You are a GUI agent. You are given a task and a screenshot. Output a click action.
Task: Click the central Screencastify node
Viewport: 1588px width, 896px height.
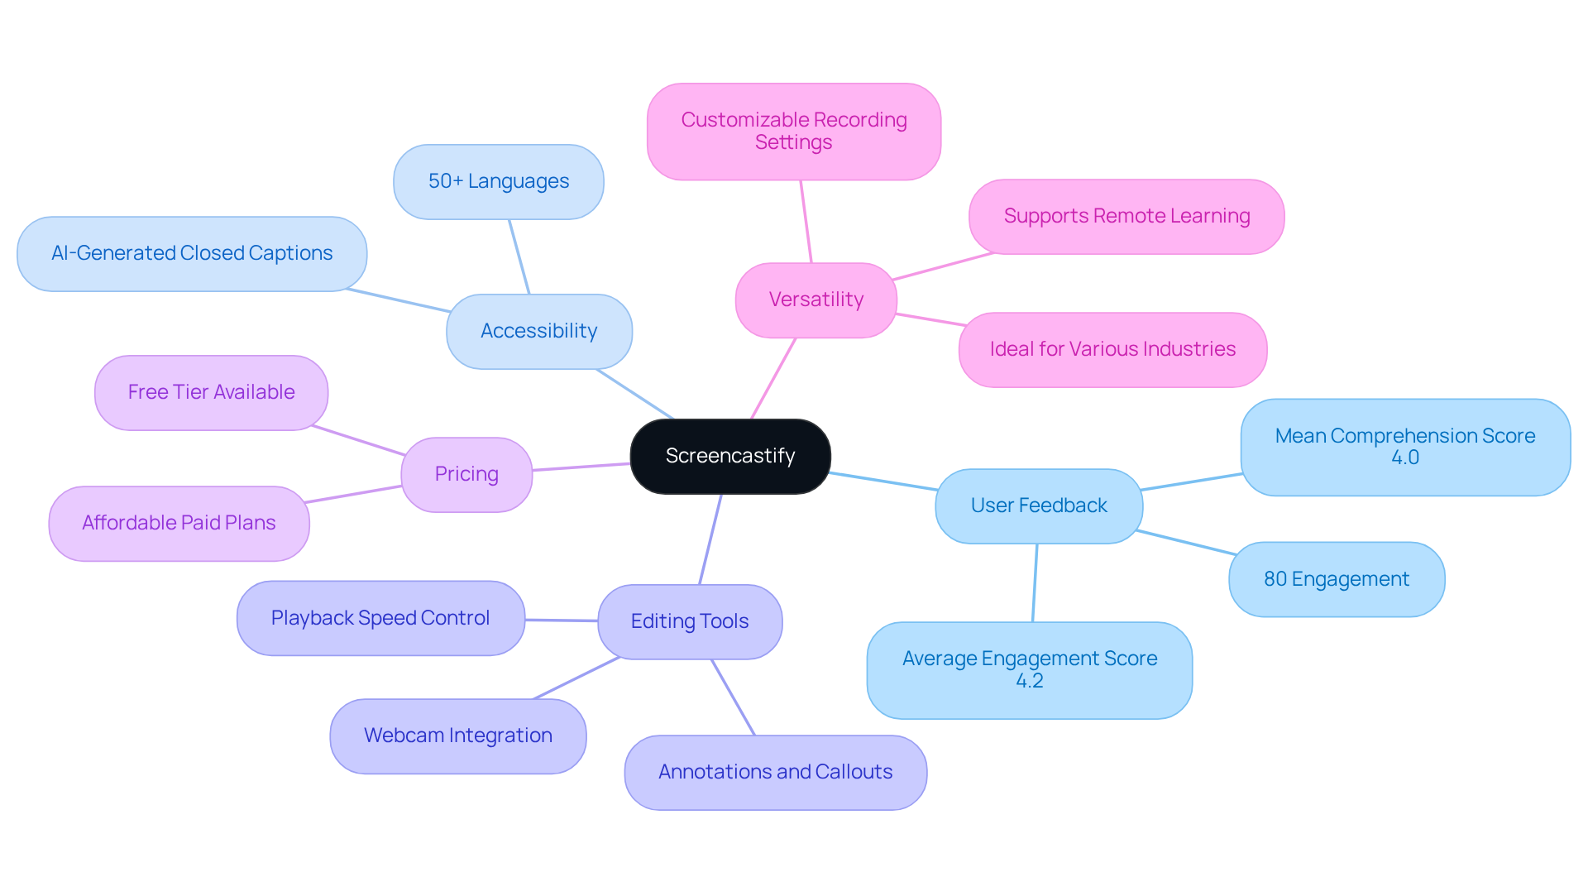(730, 456)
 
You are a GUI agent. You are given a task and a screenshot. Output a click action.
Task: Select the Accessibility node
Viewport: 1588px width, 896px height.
(538, 331)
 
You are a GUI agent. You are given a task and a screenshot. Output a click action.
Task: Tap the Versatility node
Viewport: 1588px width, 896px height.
(816, 299)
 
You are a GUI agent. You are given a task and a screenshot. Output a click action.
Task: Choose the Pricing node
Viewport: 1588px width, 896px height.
(466, 474)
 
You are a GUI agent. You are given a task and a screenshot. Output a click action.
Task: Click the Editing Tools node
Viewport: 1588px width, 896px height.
(689, 621)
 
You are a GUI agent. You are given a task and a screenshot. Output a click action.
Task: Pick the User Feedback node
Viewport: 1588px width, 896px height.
(1038, 505)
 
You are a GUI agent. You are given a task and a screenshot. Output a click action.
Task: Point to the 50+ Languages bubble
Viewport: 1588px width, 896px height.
(498, 181)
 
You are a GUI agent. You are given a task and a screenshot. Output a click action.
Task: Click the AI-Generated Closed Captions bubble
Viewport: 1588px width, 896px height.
(191, 253)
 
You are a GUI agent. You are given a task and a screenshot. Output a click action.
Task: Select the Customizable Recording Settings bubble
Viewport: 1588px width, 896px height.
(793, 131)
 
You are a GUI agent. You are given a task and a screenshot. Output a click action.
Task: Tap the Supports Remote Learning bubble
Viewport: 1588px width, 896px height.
(1126, 216)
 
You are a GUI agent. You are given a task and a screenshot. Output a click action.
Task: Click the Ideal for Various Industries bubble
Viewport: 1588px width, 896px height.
(1112, 349)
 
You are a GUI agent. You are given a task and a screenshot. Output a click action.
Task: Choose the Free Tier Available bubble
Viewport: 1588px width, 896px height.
(211, 392)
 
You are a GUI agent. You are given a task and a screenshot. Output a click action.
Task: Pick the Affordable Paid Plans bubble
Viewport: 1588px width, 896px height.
(179, 523)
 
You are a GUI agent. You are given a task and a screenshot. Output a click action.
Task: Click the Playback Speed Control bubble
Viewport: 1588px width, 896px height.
(380, 618)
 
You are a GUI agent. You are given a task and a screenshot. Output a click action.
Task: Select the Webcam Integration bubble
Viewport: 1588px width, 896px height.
(457, 735)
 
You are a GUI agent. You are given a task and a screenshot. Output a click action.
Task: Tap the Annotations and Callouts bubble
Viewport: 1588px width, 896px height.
(775, 772)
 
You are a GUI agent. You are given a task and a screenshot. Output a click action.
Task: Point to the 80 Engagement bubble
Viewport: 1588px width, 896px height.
(1336, 579)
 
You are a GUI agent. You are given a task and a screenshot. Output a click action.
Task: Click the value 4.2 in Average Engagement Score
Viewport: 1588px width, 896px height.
(1029, 681)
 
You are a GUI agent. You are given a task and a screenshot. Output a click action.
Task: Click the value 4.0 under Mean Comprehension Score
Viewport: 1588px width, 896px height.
(1404, 458)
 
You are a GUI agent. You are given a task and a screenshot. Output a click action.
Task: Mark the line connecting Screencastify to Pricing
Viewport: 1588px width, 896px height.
(581, 467)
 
